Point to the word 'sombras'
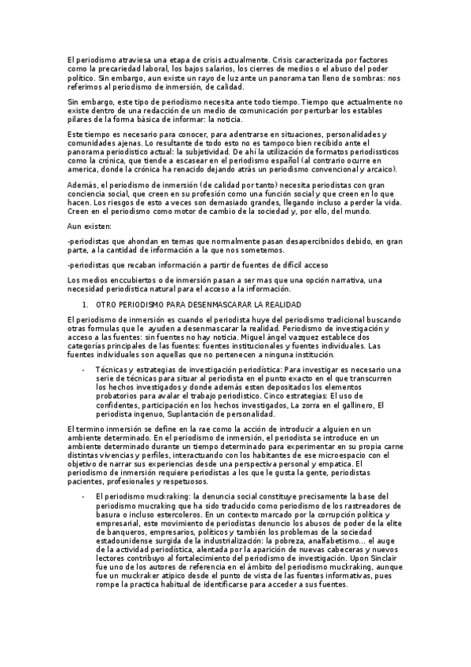367,78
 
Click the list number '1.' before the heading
85,304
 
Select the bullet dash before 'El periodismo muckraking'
83,496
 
